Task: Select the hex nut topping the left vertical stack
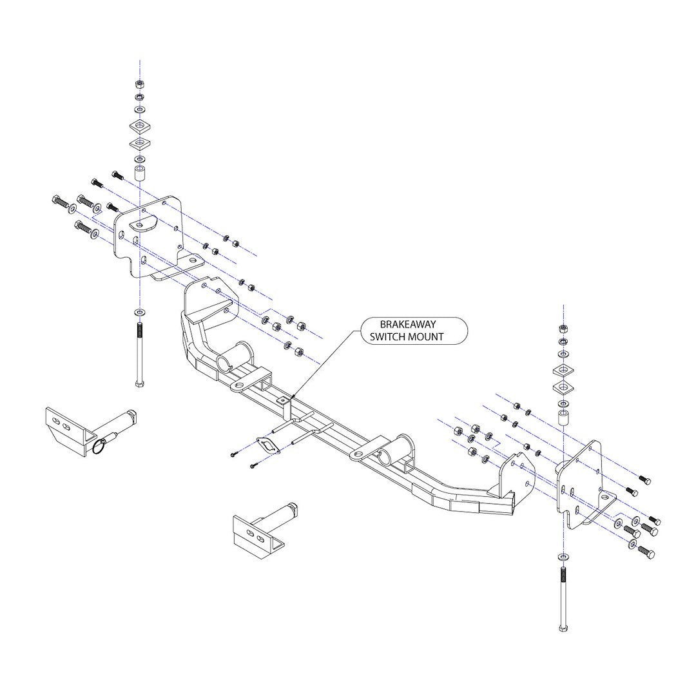(x=139, y=84)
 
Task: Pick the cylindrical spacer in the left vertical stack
(x=139, y=173)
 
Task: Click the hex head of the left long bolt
(x=139, y=383)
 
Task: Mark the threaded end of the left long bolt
(x=139, y=333)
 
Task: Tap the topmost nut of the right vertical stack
(x=563, y=328)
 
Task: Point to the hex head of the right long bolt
(x=564, y=628)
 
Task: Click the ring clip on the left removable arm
(x=97, y=445)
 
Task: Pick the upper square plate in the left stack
(x=139, y=124)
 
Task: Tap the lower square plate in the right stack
(x=563, y=387)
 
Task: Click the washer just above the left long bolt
(x=139, y=313)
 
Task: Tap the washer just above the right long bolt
(x=564, y=556)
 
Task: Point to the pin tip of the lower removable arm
(x=293, y=506)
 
